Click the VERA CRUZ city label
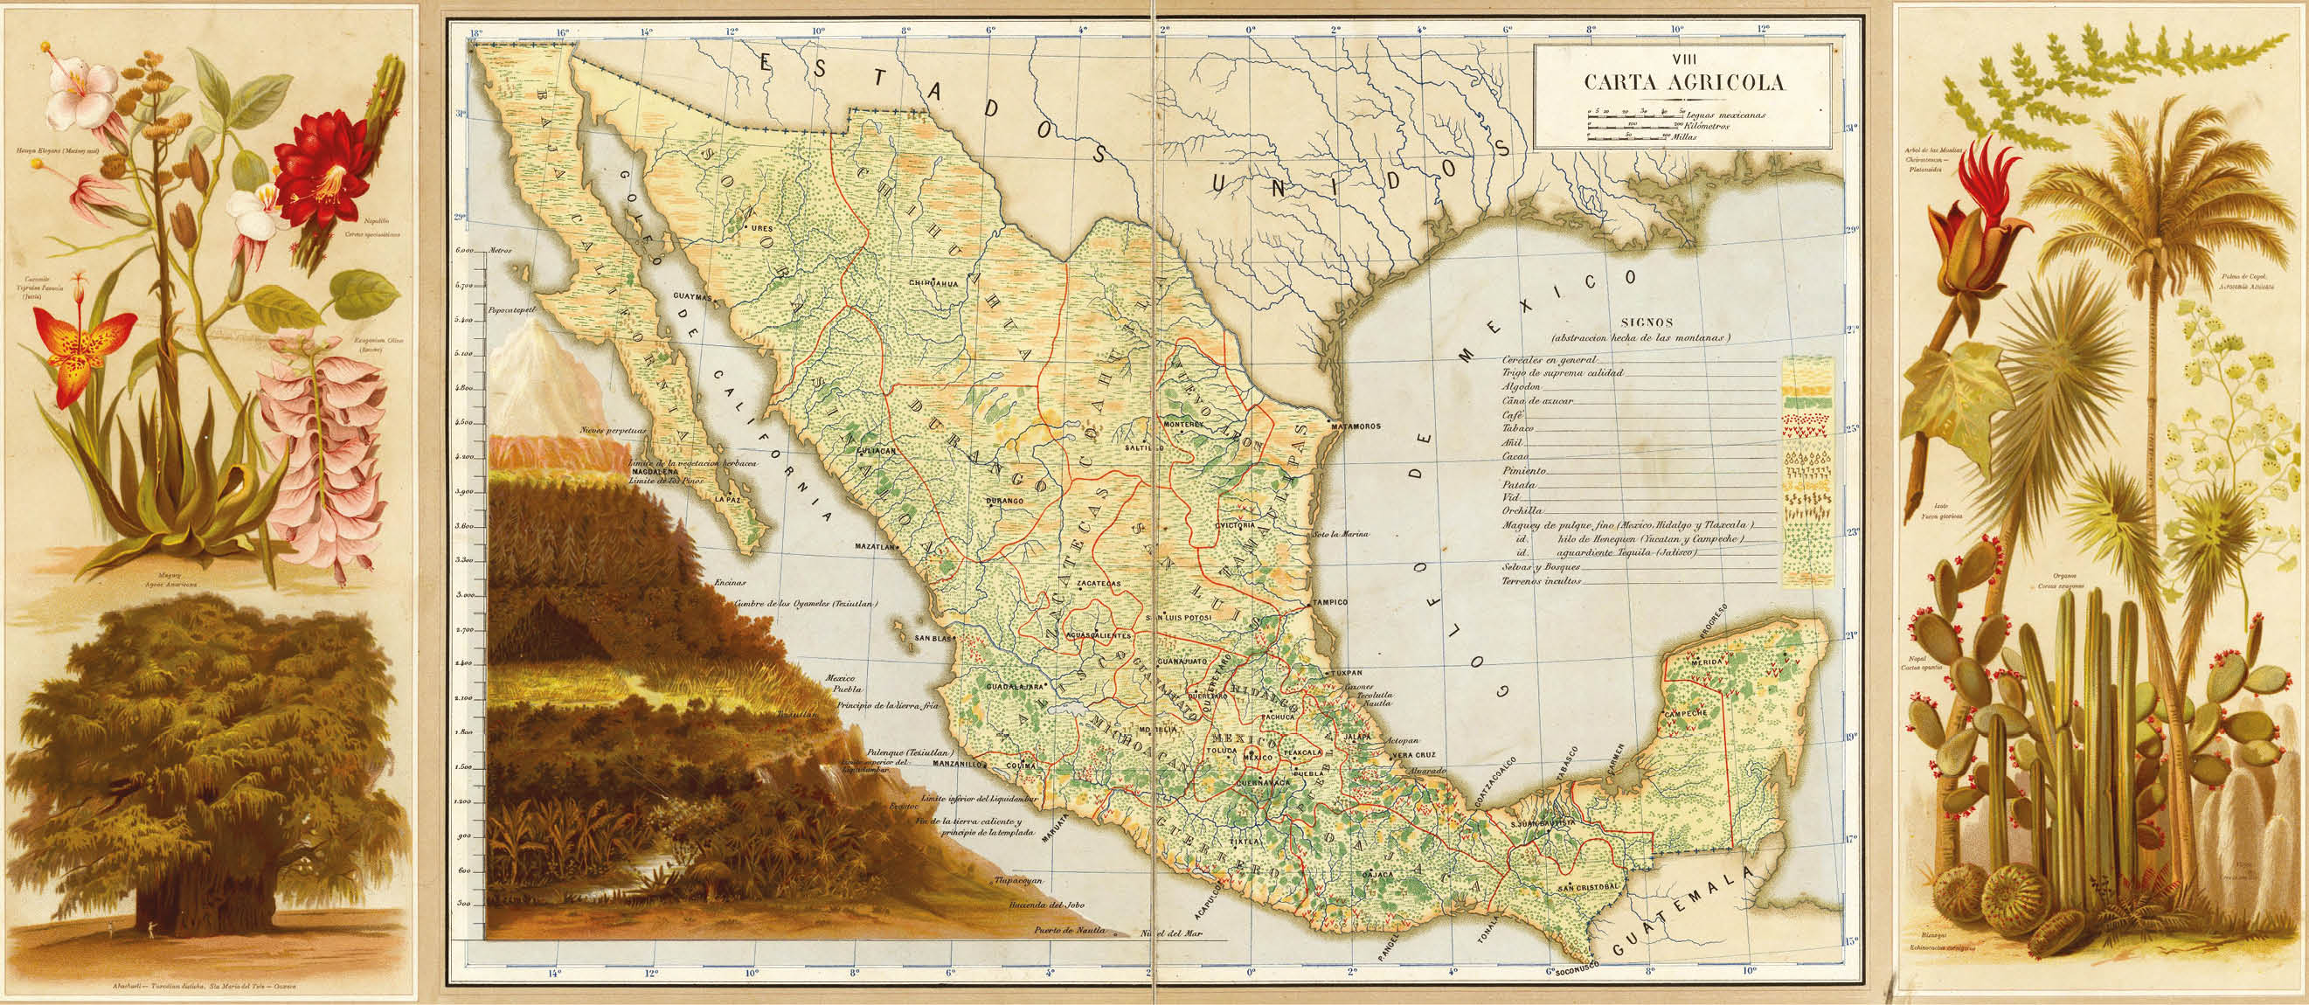pos(1413,755)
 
